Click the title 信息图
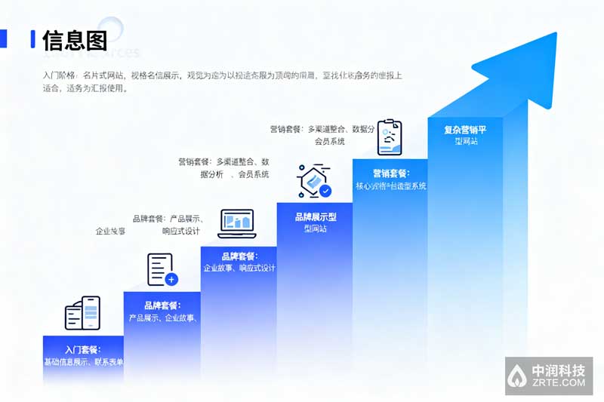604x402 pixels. (74, 39)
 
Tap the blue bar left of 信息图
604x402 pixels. (32, 39)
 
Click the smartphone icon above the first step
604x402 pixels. (83, 312)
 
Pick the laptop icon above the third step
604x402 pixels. (236, 222)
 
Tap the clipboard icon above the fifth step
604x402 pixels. (390, 137)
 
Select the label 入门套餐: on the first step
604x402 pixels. (83, 350)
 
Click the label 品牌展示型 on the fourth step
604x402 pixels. (315, 216)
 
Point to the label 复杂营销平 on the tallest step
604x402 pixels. (465, 130)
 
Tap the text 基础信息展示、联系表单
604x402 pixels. (83, 362)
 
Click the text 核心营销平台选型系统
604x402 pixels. (390, 186)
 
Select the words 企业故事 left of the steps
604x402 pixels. (110, 231)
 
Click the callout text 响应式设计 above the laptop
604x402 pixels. (181, 231)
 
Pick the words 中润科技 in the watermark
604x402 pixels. (559, 371)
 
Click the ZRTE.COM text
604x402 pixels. (559, 383)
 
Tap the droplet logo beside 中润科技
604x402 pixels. (517, 376)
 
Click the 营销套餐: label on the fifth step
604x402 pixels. (390, 173)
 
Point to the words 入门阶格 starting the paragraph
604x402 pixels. (59, 75)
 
